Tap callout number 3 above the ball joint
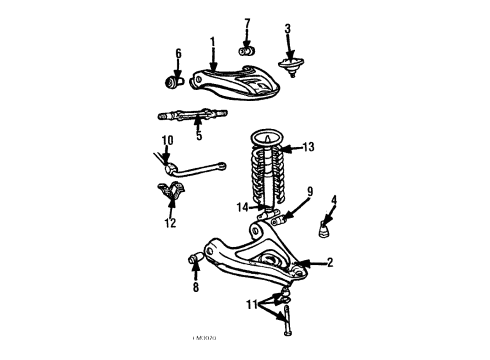click(287, 29)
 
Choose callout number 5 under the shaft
click(198, 136)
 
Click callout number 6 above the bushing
click(179, 54)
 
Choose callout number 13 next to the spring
click(308, 147)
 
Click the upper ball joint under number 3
click(290, 68)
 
